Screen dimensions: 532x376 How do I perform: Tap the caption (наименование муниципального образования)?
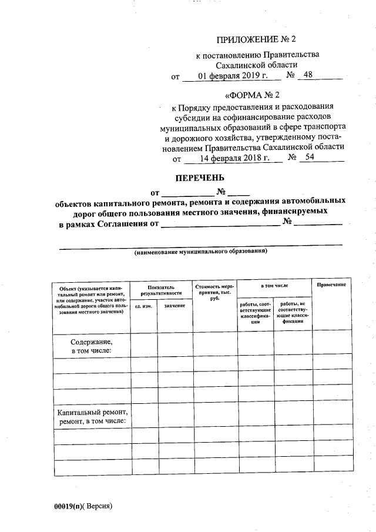200,252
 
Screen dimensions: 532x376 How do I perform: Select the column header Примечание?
331,285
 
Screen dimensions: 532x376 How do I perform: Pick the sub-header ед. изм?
143,306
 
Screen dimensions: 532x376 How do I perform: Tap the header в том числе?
274,285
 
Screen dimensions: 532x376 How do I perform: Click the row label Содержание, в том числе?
91,346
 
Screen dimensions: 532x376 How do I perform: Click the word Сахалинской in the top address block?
239,65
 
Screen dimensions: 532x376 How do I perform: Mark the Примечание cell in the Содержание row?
331,346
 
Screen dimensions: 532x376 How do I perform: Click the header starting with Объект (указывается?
91,299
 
